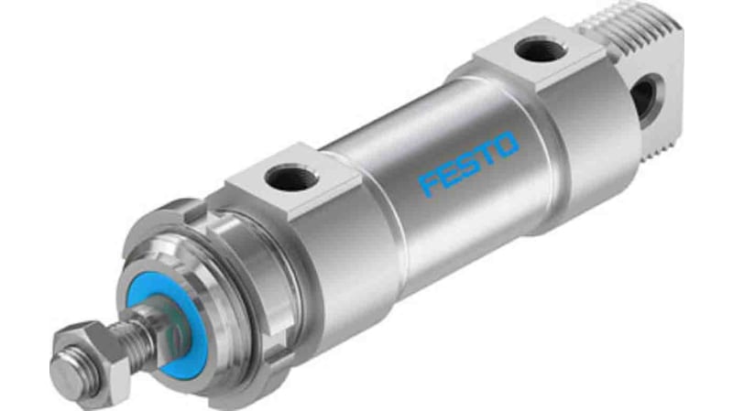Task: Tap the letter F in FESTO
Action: tap(428, 182)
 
